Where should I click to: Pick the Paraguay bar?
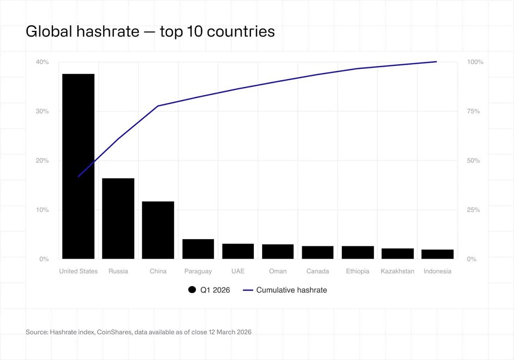click(x=198, y=249)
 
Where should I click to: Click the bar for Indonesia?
click(x=437, y=254)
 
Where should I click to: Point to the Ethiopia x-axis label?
click(x=358, y=271)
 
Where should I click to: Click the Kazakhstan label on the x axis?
click(x=397, y=271)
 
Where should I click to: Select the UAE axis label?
click(x=238, y=271)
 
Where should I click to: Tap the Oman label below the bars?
click(x=278, y=271)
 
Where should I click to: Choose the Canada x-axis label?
click(x=318, y=271)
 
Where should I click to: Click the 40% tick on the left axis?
click(x=42, y=62)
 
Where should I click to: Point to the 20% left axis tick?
click(x=42, y=160)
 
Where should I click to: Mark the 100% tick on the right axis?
click(x=475, y=62)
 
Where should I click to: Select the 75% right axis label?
click(x=473, y=112)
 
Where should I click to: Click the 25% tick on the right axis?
click(x=473, y=210)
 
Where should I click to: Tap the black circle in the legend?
click(x=192, y=290)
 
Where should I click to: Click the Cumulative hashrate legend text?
click(x=291, y=290)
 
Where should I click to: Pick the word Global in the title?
click(x=48, y=32)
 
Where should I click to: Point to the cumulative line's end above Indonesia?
click(x=436, y=62)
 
